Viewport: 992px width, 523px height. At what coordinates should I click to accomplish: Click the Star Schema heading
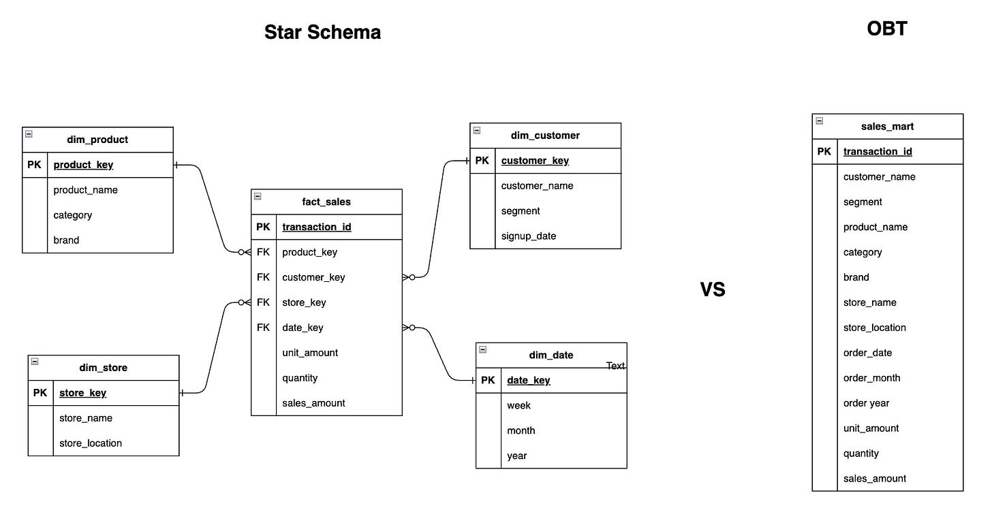(x=322, y=32)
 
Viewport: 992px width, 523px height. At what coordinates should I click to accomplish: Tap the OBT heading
(x=886, y=29)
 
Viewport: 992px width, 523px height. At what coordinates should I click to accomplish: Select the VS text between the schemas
(x=713, y=289)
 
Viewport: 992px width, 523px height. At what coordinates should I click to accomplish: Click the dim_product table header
(x=97, y=140)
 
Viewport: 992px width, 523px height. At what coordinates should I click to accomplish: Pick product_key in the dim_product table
(x=83, y=165)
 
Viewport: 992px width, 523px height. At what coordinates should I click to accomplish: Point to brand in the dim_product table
(x=66, y=240)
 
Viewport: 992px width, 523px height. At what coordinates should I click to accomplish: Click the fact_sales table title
(x=326, y=202)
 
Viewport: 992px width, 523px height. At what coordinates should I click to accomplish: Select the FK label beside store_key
(x=263, y=302)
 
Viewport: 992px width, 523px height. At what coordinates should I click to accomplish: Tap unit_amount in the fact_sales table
(x=310, y=353)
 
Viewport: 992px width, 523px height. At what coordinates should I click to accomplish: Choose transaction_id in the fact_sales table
(x=317, y=227)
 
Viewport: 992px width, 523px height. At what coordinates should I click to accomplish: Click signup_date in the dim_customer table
(x=529, y=236)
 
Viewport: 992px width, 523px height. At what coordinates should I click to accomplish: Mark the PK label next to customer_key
(x=482, y=161)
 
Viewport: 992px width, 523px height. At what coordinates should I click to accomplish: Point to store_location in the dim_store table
(x=91, y=443)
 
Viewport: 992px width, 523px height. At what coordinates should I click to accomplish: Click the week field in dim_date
(x=518, y=405)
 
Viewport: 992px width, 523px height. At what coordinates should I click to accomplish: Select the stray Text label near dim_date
(x=615, y=366)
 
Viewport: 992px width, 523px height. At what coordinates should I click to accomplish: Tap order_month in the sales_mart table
(x=871, y=378)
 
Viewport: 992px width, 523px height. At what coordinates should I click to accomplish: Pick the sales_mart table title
(x=887, y=126)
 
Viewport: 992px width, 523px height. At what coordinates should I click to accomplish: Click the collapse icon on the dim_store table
(x=35, y=362)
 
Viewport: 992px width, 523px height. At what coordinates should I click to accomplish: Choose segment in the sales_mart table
(x=863, y=202)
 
